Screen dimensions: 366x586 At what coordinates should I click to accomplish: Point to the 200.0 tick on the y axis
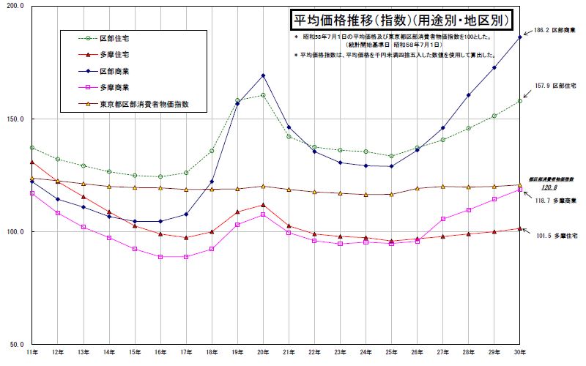point(15,6)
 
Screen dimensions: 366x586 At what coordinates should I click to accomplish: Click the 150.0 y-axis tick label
point(15,119)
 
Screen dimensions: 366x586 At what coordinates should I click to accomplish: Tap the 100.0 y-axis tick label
point(15,232)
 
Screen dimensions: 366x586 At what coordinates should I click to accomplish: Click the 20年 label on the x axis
point(262,353)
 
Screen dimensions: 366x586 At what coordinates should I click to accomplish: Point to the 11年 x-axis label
point(32,353)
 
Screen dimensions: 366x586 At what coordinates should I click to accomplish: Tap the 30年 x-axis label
point(519,353)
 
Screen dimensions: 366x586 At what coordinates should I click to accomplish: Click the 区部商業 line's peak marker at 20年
point(263,75)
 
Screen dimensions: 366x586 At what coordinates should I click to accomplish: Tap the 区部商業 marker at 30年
point(520,37)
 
